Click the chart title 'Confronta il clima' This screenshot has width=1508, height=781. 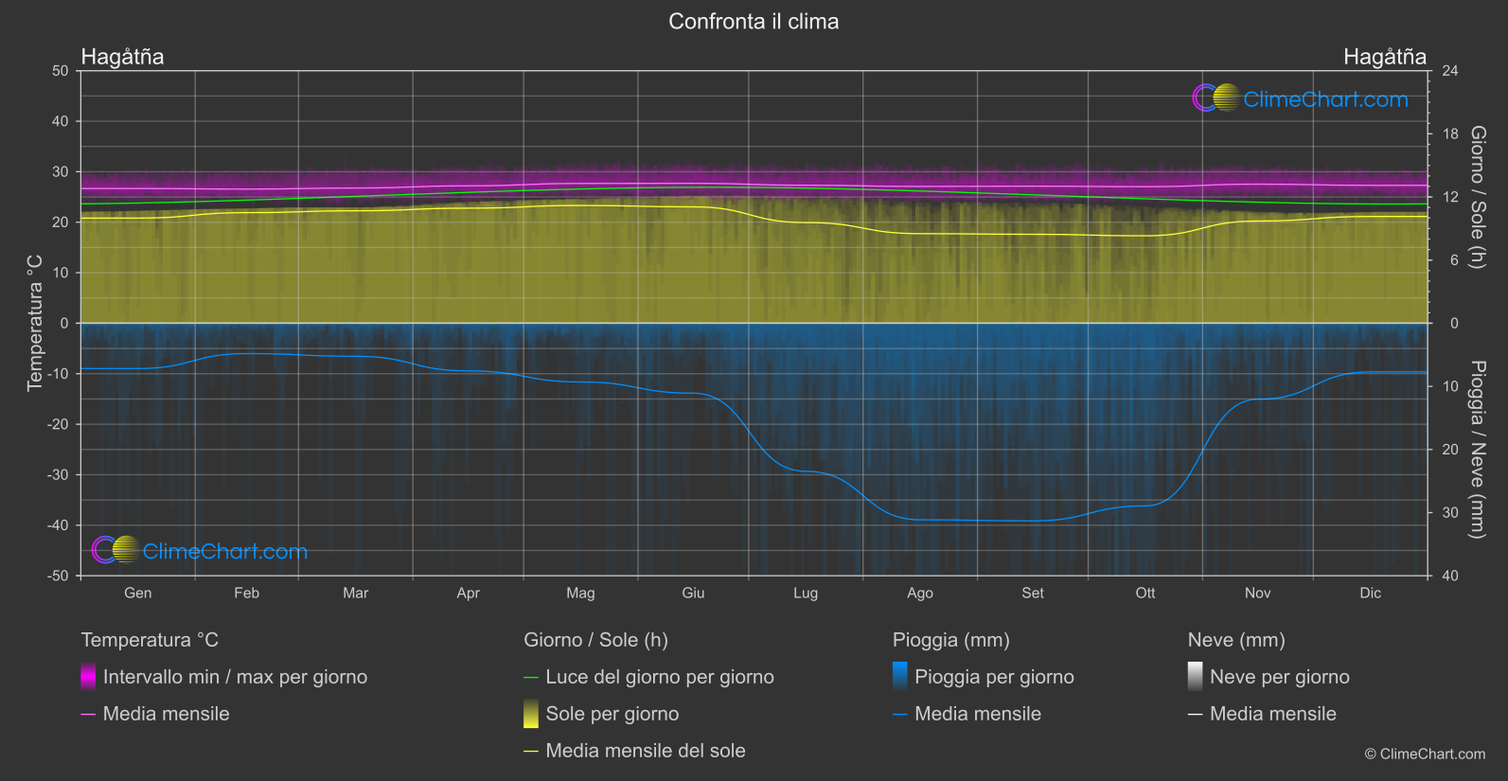(754, 22)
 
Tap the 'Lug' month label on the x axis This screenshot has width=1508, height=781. (806, 593)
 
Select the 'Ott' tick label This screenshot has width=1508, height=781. (1145, 593)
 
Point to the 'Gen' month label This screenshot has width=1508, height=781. (138, 593)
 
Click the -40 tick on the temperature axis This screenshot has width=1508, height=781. (59, 525)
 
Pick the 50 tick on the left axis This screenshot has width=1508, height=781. (61, 71)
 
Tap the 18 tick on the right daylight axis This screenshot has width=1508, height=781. (1450, 134)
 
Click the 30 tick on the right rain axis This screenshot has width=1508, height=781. (1450, 513)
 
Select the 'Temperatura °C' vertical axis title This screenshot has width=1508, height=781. (35, 323)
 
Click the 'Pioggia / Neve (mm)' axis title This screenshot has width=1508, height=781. (1477, 450)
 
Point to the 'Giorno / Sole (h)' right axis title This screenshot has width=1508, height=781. (1477, 197)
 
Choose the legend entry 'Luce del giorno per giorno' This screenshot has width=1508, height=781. (660, 677)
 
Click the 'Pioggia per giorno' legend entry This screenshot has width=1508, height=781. (994, 677)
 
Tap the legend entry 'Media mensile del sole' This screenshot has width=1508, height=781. (646, 751)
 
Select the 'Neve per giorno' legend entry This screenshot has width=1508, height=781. (1279, 677)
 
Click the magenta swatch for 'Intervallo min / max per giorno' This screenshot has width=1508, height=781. (88, 677)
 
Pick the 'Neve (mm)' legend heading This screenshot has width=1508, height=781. (1236, 640)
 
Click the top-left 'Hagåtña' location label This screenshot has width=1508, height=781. (123, 57)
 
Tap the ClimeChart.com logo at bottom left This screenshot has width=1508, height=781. (200, 551)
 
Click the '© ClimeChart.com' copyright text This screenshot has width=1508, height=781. (1425, 754)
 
